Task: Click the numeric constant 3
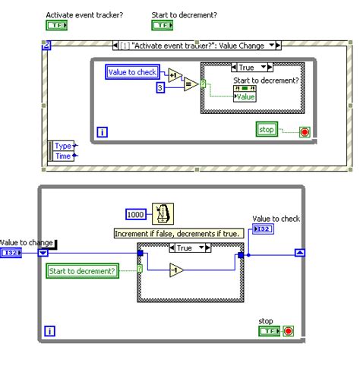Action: click(x=160, y=89)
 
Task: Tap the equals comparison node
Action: click(x=190, y=84)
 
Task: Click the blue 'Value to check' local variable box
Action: click(x=133, y=71)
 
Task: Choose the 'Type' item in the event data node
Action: click(x=64, y=145)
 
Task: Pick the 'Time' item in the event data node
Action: click(x=64, y=156)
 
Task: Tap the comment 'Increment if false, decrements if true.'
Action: click(x=178, y=234)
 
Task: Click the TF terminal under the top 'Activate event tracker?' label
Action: click(x=57, y=26)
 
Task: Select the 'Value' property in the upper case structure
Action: click(x=245, y=96)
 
